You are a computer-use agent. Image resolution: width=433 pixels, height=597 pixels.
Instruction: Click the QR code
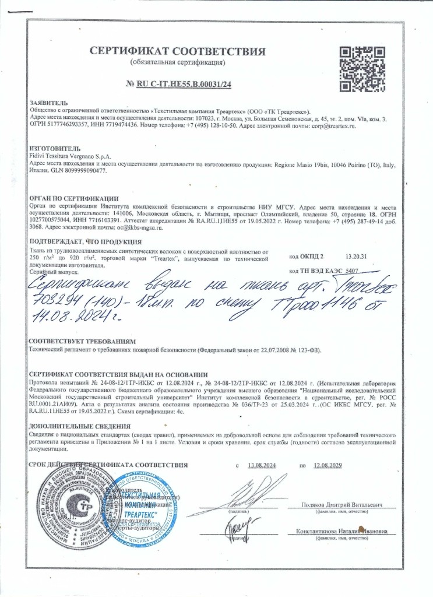point(361,69)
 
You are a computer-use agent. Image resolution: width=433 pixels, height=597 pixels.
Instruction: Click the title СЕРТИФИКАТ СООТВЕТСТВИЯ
point(178,51)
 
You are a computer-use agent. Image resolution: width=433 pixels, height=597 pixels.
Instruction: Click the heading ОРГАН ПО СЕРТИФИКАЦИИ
point(73,199)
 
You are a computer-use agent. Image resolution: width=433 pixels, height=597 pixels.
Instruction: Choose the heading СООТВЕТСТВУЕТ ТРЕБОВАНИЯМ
point(82,340)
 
